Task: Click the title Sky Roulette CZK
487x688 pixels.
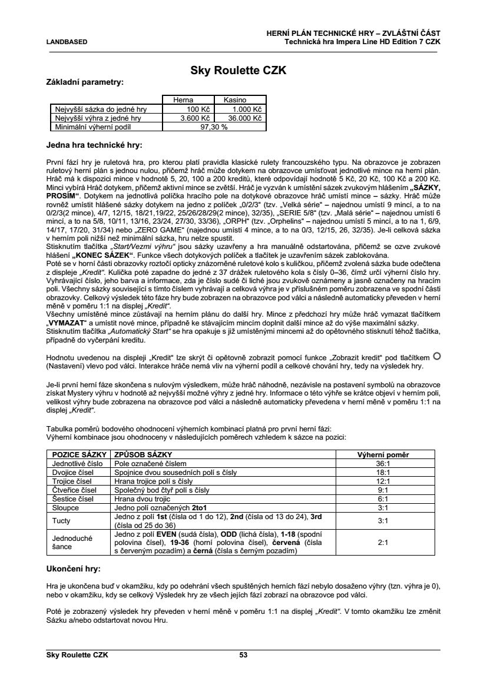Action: coord(238,71)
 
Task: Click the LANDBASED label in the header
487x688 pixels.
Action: coord(67,42)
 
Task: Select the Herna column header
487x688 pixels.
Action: coord(183,101)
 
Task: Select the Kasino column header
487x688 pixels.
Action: coord(235,101)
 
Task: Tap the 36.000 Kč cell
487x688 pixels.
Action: coord(245,118)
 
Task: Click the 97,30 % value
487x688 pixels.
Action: coord(214,127)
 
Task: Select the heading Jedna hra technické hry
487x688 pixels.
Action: coord(94,144)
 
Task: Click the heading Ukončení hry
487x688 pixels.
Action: coord(73,570)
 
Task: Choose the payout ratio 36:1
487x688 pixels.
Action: coord(383,464)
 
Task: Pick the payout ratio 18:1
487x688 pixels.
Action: coord(383,472)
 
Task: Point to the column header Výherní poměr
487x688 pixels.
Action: coord(383,455)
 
